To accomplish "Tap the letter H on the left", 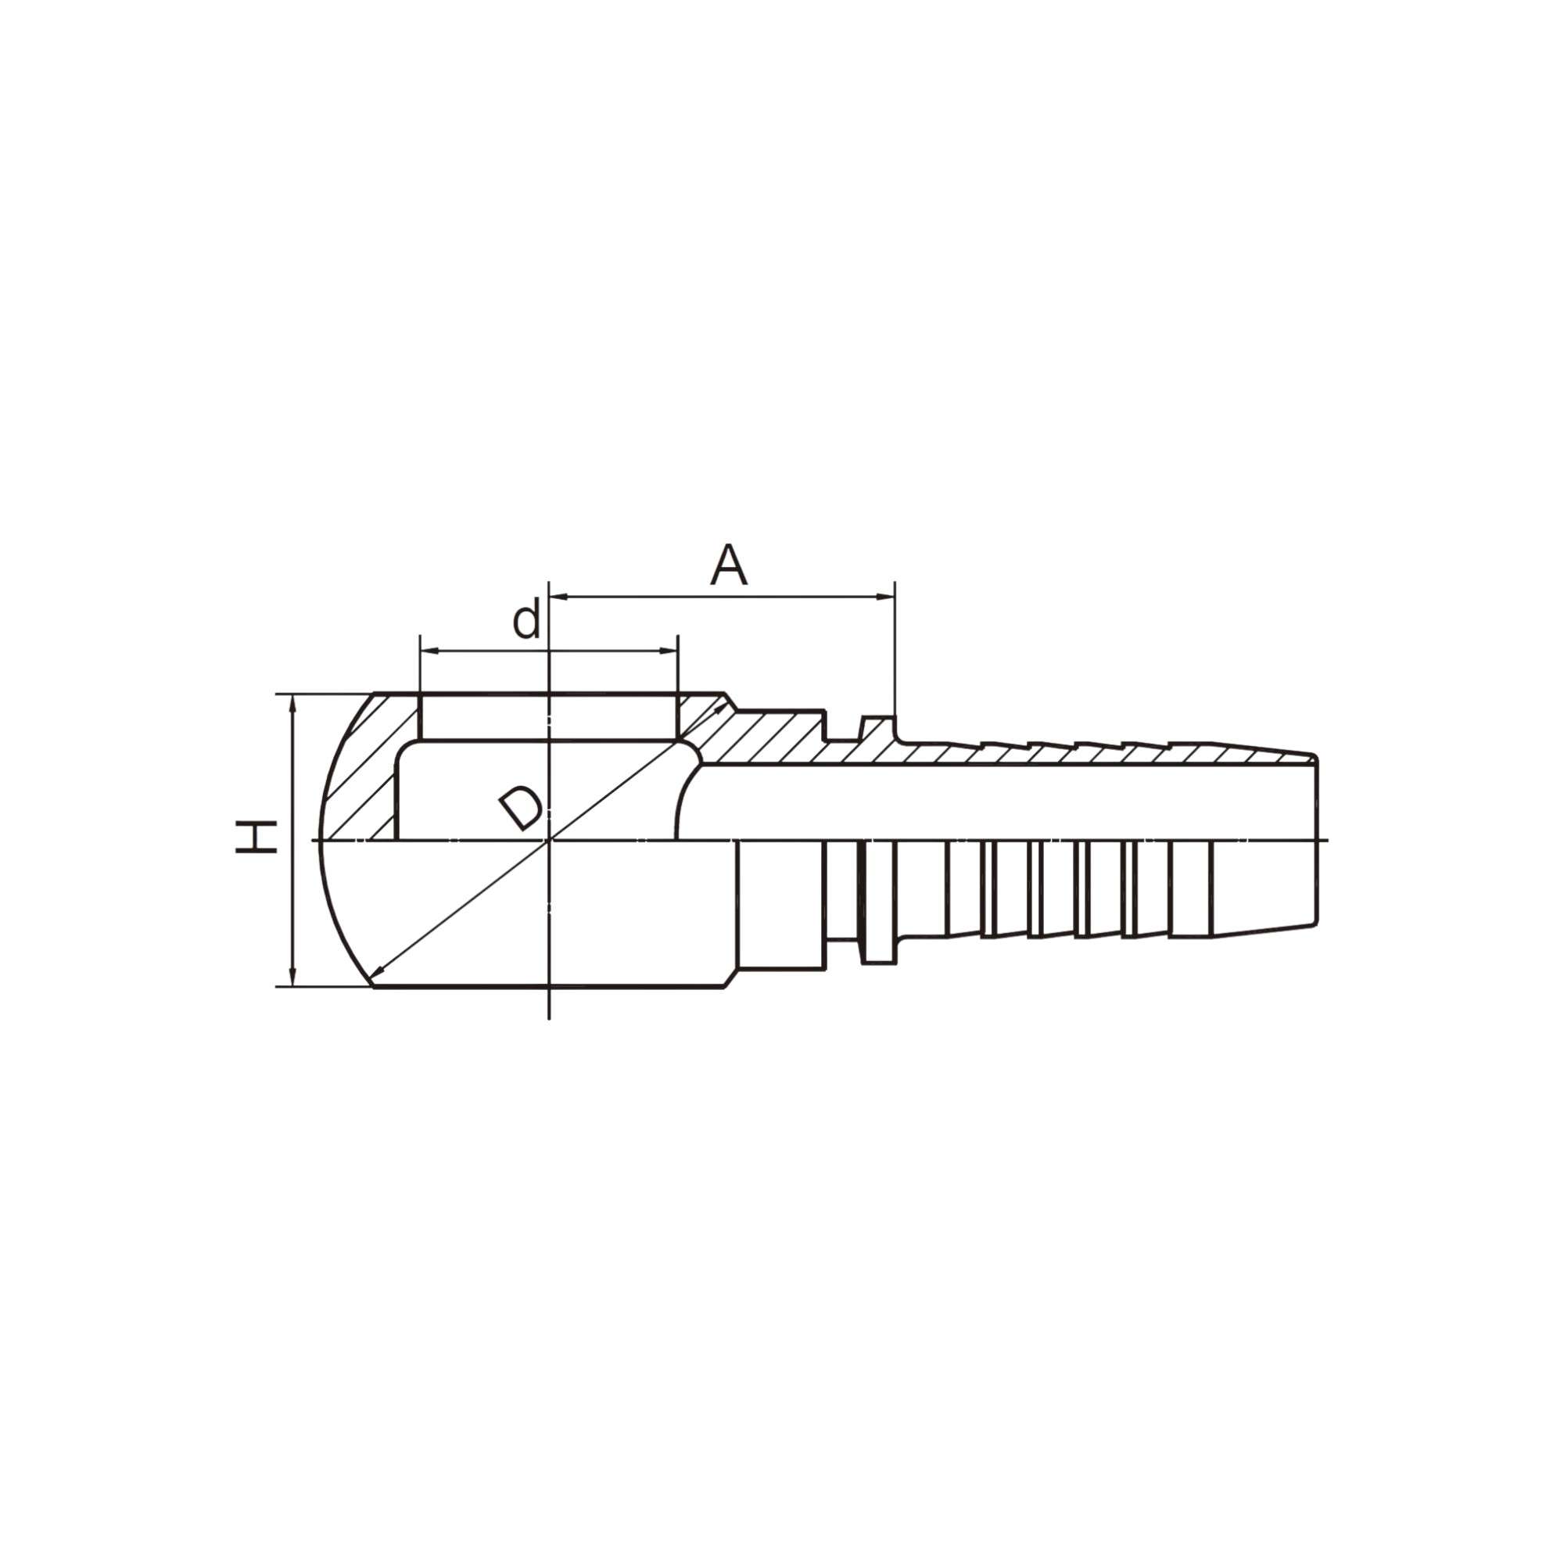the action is click(255, 836).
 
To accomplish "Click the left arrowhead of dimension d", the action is click(429, 650).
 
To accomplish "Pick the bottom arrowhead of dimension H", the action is click(293, 977).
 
